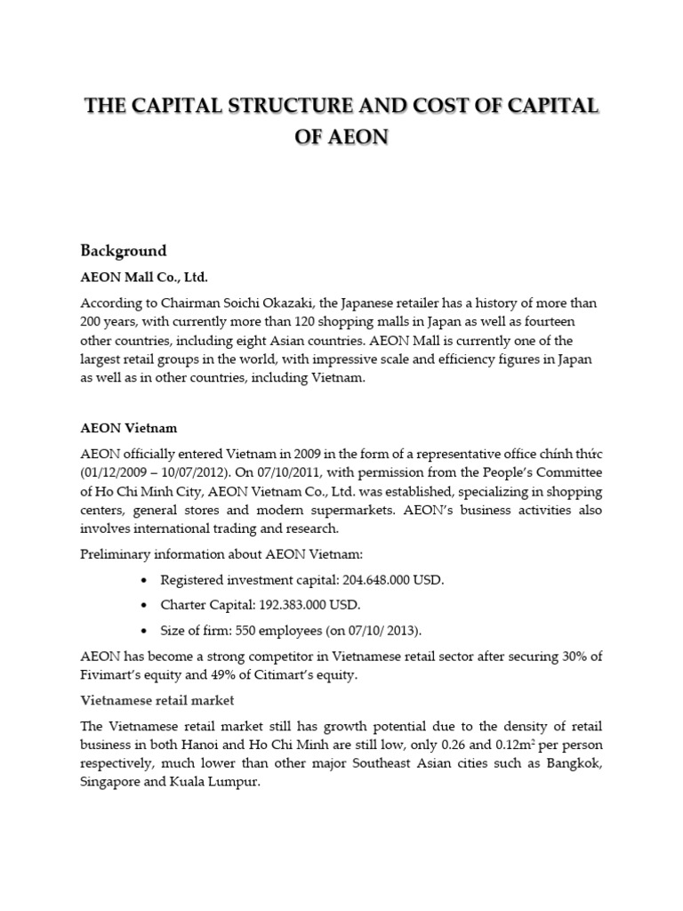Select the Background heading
(x=124, y=250)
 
